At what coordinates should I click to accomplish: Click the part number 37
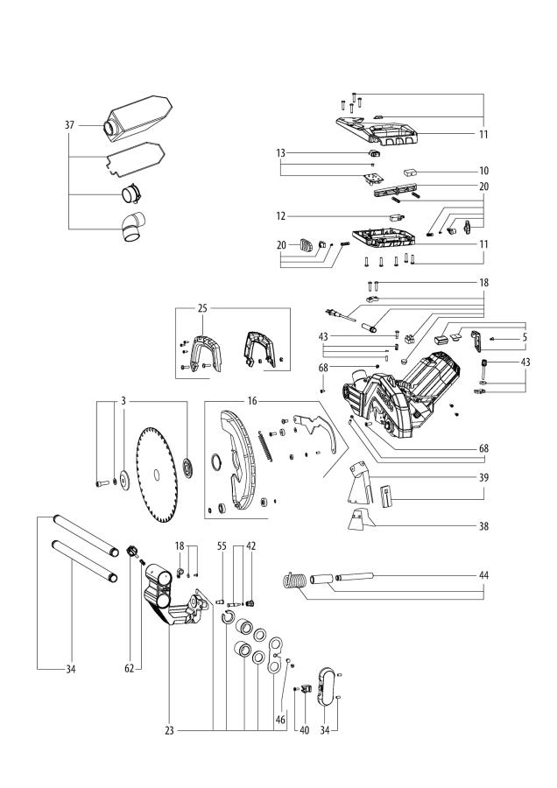tap(69, 125)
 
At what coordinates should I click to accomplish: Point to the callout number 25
tap(203, 310)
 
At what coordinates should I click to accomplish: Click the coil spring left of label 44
tap(295, 580)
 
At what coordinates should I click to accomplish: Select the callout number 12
tap(282, 215)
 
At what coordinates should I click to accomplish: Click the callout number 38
tap(483, 527)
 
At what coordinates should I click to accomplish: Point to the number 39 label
tap(483, 478)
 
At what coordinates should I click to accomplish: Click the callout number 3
tap(125, 400)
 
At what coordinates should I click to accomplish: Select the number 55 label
tap(222, 545)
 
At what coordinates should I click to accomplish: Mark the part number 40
tap(304, 730)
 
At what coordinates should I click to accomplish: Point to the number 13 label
tap(281, 153)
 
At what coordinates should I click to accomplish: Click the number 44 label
tap(483, 576)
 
